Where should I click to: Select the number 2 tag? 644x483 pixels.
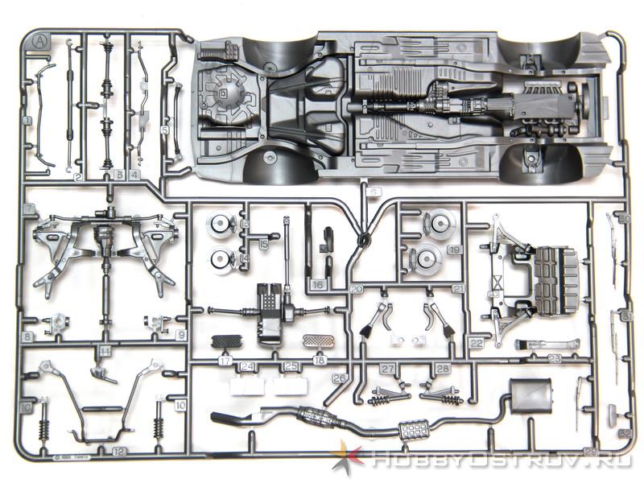coord(78,176)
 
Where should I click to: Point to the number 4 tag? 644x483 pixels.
coord(134,174)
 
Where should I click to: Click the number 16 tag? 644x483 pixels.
coord(318,284)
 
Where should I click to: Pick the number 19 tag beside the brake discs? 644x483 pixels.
coord(453,250)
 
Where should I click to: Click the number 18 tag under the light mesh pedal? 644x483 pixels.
coord(320,360)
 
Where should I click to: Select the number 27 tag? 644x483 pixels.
coord(388,369)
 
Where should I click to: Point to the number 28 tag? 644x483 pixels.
coord(442,369)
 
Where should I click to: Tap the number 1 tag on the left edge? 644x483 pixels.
coord(27,121)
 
